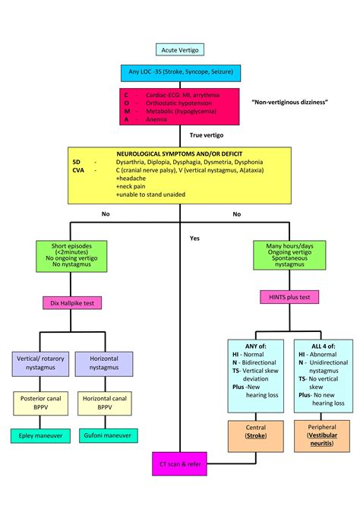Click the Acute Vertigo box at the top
point(179,49)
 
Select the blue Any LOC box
point(181,73)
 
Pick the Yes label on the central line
point(194,238)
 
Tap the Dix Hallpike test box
point(70,302)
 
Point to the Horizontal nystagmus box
point(104,362)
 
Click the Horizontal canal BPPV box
point(104,403)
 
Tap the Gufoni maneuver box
point(104,436)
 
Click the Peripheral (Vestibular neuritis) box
point(321,436)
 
